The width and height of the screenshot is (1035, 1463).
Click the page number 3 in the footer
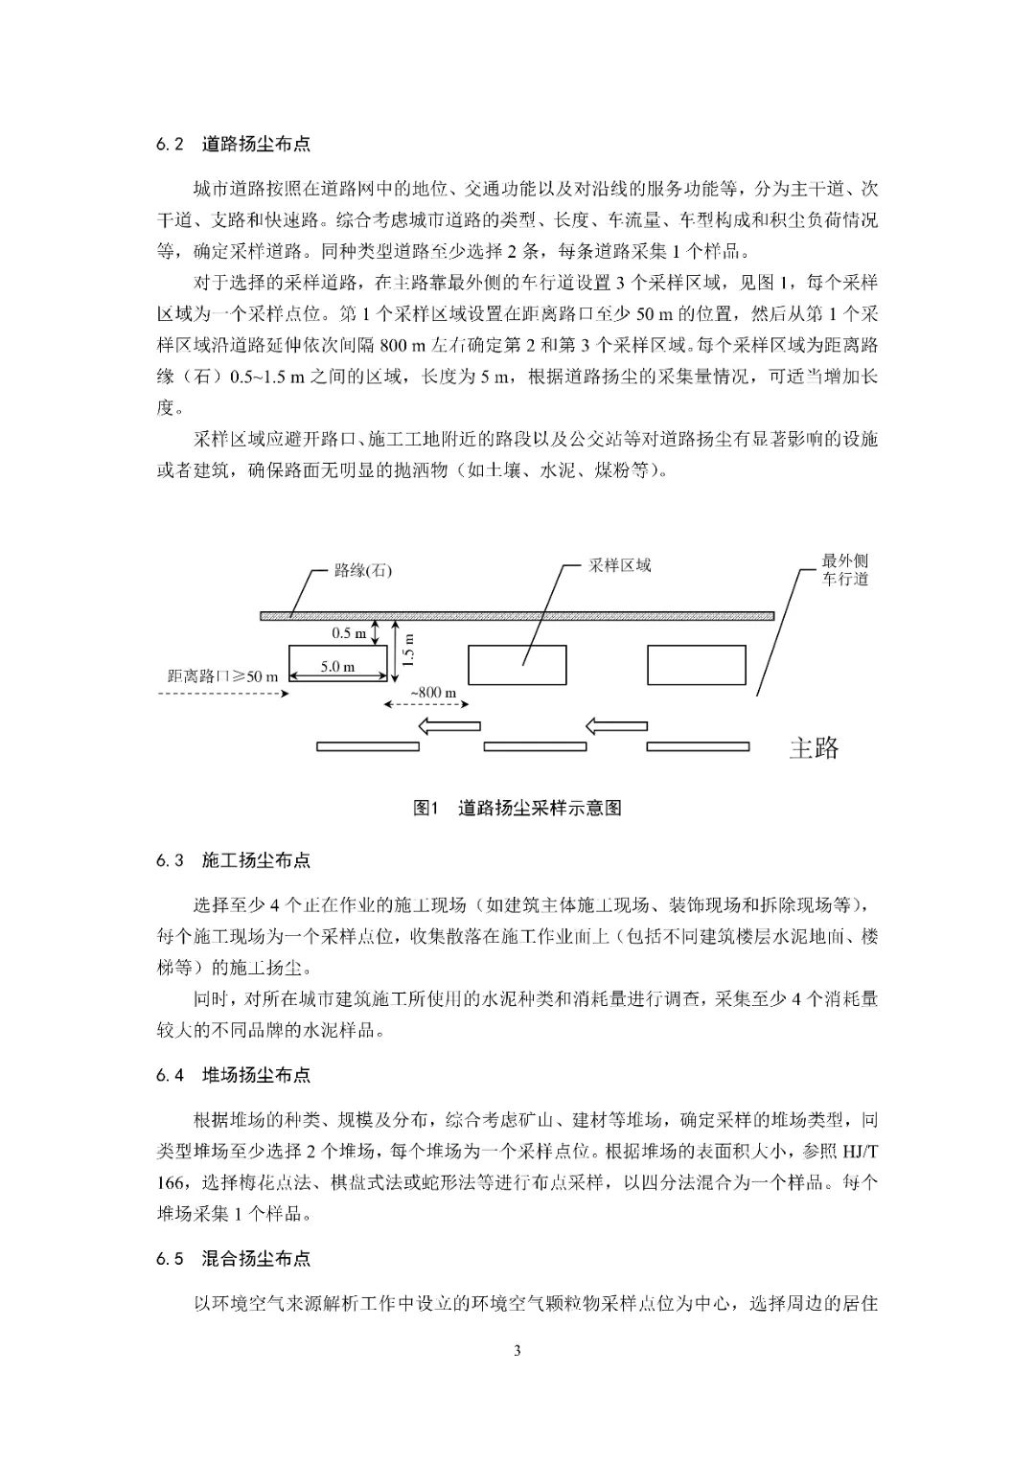coord(517,1351)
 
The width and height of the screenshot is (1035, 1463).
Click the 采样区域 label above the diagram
coord(619,565)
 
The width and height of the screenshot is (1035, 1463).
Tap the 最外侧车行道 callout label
coord(844,570)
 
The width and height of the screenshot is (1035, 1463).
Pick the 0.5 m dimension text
coord(349,633)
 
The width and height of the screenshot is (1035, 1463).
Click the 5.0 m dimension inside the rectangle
coord(337,667)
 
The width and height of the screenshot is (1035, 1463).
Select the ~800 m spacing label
coord(433,692)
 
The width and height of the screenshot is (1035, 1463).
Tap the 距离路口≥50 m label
coord(222,676)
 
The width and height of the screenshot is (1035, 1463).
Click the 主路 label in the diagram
coord(814,747)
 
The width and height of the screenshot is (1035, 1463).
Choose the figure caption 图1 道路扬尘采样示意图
coord(517,808)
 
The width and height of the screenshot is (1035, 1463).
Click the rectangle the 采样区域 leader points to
coord(517,665)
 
